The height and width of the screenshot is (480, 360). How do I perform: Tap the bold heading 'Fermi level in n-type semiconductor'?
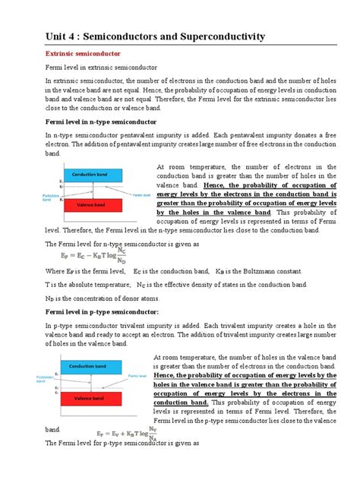[101, 122]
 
